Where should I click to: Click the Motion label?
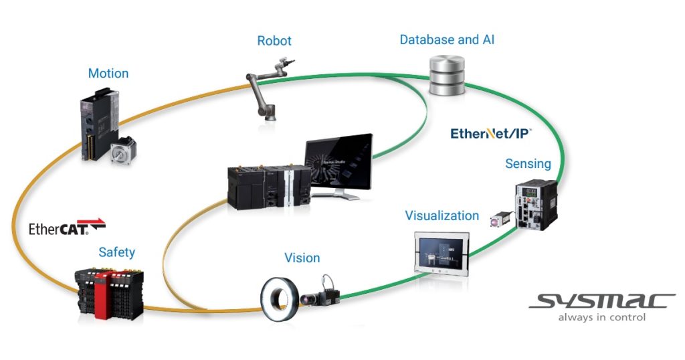point(108,73)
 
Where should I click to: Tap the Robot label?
point(274,41)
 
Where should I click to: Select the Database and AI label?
point(447,39)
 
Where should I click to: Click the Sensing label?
point(528,163)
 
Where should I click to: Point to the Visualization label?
point(442,215)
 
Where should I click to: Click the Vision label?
point(302,258)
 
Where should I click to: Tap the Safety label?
point(116,252)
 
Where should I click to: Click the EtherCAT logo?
point(67,228)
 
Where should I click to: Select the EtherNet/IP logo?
point(491,134)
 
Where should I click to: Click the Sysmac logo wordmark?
point(601,300)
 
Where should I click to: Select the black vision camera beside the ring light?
point(322,293)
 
